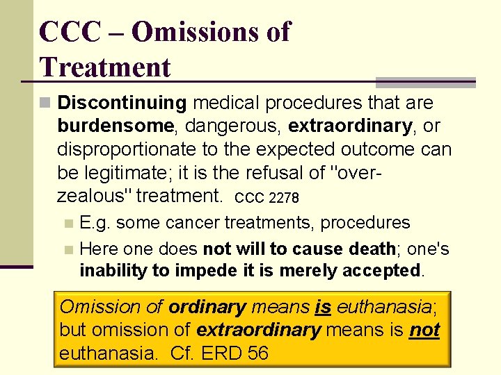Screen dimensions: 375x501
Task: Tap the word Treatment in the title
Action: (x=105, y=67)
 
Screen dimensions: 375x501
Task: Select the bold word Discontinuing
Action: (x=122, y=103)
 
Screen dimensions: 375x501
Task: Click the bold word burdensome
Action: (x=116, y=126)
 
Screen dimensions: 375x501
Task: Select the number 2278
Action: (x=284, y=198)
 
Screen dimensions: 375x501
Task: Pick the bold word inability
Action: (x=111, y=270)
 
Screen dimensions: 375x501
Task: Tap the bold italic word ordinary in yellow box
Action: (x=207, y=306)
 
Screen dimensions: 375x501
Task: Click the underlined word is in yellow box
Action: (x=322, y=306)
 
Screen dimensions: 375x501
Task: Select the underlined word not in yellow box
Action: (x=424, y=330)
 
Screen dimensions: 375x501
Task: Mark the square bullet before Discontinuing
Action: (x=45, y=103)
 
